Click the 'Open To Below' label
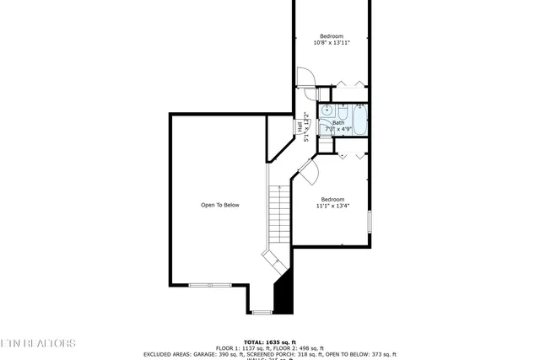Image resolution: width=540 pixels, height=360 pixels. tap(219, 205)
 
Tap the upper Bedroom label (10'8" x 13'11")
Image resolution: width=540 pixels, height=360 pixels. tap(331, 39)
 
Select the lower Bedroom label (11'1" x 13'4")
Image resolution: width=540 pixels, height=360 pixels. tap(332, 202)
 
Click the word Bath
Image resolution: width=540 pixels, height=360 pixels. tap(338, 123)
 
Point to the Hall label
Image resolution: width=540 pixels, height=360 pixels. tap(300, 127)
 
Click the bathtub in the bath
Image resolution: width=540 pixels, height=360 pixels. tap(360, 120)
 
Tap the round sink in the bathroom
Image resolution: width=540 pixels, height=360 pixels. tap(327, 110)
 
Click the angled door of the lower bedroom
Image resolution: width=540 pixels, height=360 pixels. tap(307, 172)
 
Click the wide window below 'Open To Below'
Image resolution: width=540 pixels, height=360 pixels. tap(210, 285)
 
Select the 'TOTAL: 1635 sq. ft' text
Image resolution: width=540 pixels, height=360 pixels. tap(269, 340)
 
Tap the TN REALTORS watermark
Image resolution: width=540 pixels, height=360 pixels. tap(38, 343)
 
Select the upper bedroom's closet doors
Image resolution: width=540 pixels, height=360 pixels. tap(349, 83)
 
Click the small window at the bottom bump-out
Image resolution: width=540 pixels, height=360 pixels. tap(262, 312)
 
